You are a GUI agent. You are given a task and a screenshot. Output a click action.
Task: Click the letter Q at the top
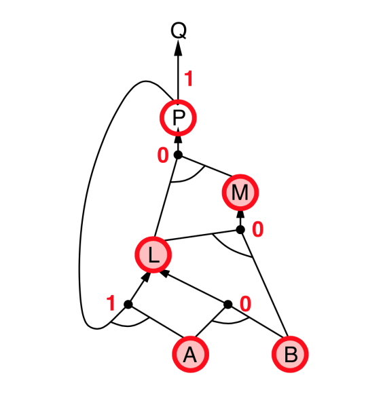[x=179, y=31]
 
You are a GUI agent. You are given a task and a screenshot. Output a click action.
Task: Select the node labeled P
[x=178, y=118]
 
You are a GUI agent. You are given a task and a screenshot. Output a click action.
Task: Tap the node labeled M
[x=240, y=193]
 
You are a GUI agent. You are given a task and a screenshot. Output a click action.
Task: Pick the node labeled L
[x=153, y=254]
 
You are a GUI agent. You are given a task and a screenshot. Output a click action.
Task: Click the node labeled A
[x=190, y=354]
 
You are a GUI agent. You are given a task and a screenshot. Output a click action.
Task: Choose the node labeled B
[x=290, y=354]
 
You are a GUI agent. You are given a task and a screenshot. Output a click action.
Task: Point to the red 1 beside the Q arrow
[x=189, y=79]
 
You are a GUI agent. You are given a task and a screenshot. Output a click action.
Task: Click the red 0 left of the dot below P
[x=163, y=155]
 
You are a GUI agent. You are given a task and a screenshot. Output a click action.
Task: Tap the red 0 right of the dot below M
[x=258, y=229]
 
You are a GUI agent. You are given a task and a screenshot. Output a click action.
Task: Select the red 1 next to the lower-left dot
[x=111, y=303]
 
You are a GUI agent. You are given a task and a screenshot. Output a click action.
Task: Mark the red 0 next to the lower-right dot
[x=246, y=304]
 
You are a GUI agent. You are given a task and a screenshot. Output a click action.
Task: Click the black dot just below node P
[x=178, y=155]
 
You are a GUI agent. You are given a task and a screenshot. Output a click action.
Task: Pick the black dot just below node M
[x=240, y=229]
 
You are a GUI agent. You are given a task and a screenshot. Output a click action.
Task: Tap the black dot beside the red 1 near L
[x=128, y=304]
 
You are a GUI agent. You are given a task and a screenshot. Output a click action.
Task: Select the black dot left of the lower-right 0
[x=228, y=304]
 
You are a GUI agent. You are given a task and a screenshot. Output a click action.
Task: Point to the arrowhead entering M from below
[x=240, y=214]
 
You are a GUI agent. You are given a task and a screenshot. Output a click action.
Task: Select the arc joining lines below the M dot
[x=229, y=249]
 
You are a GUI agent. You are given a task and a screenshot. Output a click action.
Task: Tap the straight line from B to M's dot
[x=264, y=283]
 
